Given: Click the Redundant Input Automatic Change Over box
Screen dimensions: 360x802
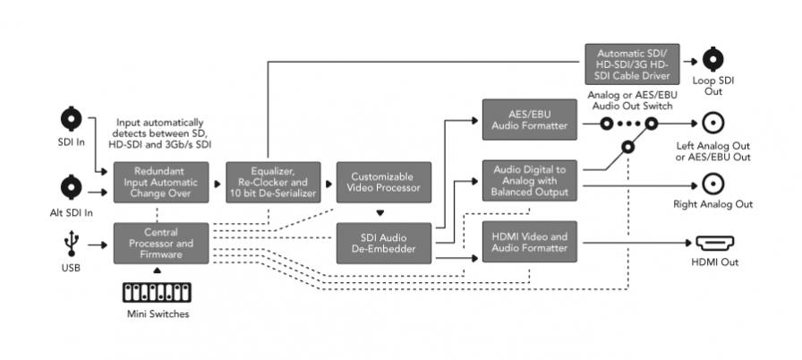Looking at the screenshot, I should click(x=160, y=182).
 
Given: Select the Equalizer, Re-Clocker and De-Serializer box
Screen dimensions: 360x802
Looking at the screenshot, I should click(x=271, y=182).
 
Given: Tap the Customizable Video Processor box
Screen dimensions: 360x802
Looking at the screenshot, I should click(x=383, y=182).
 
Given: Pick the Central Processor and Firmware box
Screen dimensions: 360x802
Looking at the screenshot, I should click(x=160, y=244).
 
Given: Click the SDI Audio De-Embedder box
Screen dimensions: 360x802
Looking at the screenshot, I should click(x=383, y=244).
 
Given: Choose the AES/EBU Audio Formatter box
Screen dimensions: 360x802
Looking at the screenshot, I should click(x=531, y=120).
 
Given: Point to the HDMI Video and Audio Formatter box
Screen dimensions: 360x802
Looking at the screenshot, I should click(x=531, y=243).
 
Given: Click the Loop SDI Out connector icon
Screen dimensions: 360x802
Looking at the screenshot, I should click(x=713, y=59).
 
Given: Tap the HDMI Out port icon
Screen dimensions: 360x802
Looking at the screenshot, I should click(x=713, y=243).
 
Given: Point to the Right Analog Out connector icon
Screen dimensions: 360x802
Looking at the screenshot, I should click(x=713, y=184).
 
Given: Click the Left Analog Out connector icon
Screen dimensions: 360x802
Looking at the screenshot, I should click(x=713, y=124).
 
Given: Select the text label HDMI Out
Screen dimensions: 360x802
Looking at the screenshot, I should click(x=713, y=261).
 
